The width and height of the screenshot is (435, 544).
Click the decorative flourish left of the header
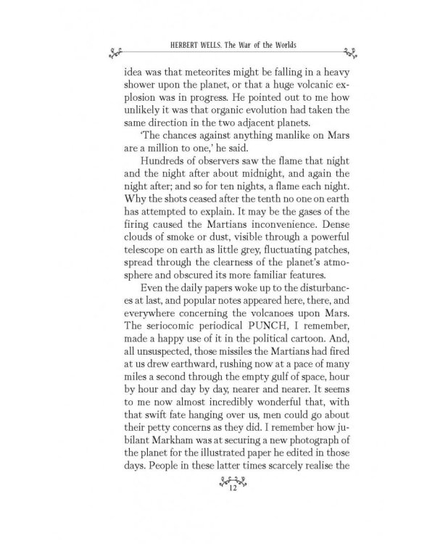114,50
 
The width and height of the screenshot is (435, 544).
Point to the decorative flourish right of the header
350,50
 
